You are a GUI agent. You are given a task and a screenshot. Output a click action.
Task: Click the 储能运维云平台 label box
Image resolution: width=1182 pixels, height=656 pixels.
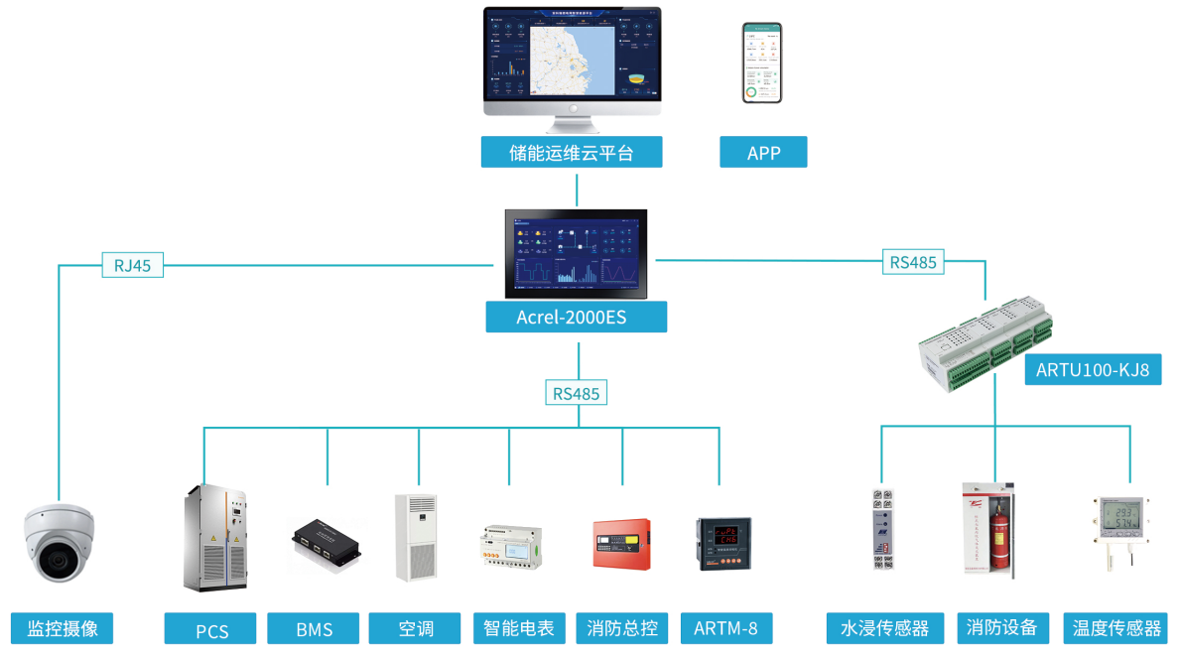tap(571, 153)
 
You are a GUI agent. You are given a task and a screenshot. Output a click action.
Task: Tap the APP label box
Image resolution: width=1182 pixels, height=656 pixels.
tap(763, 153)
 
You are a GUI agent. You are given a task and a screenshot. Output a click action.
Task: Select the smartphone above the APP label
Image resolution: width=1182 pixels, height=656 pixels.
tap(762, 64)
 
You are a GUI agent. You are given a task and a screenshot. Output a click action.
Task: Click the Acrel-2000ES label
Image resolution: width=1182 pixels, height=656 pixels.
tap(576, 318)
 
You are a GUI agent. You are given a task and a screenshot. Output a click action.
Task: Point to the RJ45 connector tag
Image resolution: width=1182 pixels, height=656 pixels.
tap(133, 265)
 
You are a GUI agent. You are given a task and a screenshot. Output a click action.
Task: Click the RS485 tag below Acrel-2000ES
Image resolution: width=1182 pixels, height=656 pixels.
tap(576, 393)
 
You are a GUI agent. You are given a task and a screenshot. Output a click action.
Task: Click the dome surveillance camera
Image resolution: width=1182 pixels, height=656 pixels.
tap(60, 542)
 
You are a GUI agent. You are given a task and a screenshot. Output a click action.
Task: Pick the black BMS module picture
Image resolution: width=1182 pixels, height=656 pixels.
tap(326, 544)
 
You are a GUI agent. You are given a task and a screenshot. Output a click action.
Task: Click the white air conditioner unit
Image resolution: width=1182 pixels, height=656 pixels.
tap(416, 537)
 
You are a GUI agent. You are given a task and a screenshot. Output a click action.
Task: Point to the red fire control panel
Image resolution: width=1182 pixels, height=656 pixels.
tap(621, 543)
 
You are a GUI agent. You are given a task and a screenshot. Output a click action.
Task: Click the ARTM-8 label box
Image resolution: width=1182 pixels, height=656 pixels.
tap(725, 628)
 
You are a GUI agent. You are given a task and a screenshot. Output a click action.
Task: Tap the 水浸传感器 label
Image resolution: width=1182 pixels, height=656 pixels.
tap(884, 628)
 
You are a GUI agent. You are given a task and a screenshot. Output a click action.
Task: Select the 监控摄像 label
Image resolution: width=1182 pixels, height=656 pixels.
tap(62, 628)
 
